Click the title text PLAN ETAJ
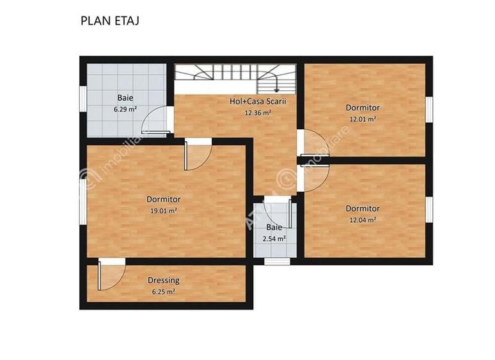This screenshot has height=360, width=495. (110, 20)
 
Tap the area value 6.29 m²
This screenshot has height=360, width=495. (125, 109)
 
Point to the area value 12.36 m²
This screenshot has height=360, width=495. (258, 113)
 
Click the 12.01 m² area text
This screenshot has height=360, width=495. (363, 119)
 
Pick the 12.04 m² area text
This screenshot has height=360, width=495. (363, 219)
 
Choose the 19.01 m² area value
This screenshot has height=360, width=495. (163, 210)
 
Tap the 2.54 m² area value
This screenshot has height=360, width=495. (274, 239)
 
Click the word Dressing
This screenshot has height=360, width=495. (163, 280)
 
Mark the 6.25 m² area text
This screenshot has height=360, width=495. (163, 292)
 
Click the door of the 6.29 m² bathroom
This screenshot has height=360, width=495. (155, 120)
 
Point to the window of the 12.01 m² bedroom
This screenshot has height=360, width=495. (430, 108)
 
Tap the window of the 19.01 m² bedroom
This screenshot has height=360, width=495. (82, 202)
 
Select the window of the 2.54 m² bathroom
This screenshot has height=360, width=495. (277, 261)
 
